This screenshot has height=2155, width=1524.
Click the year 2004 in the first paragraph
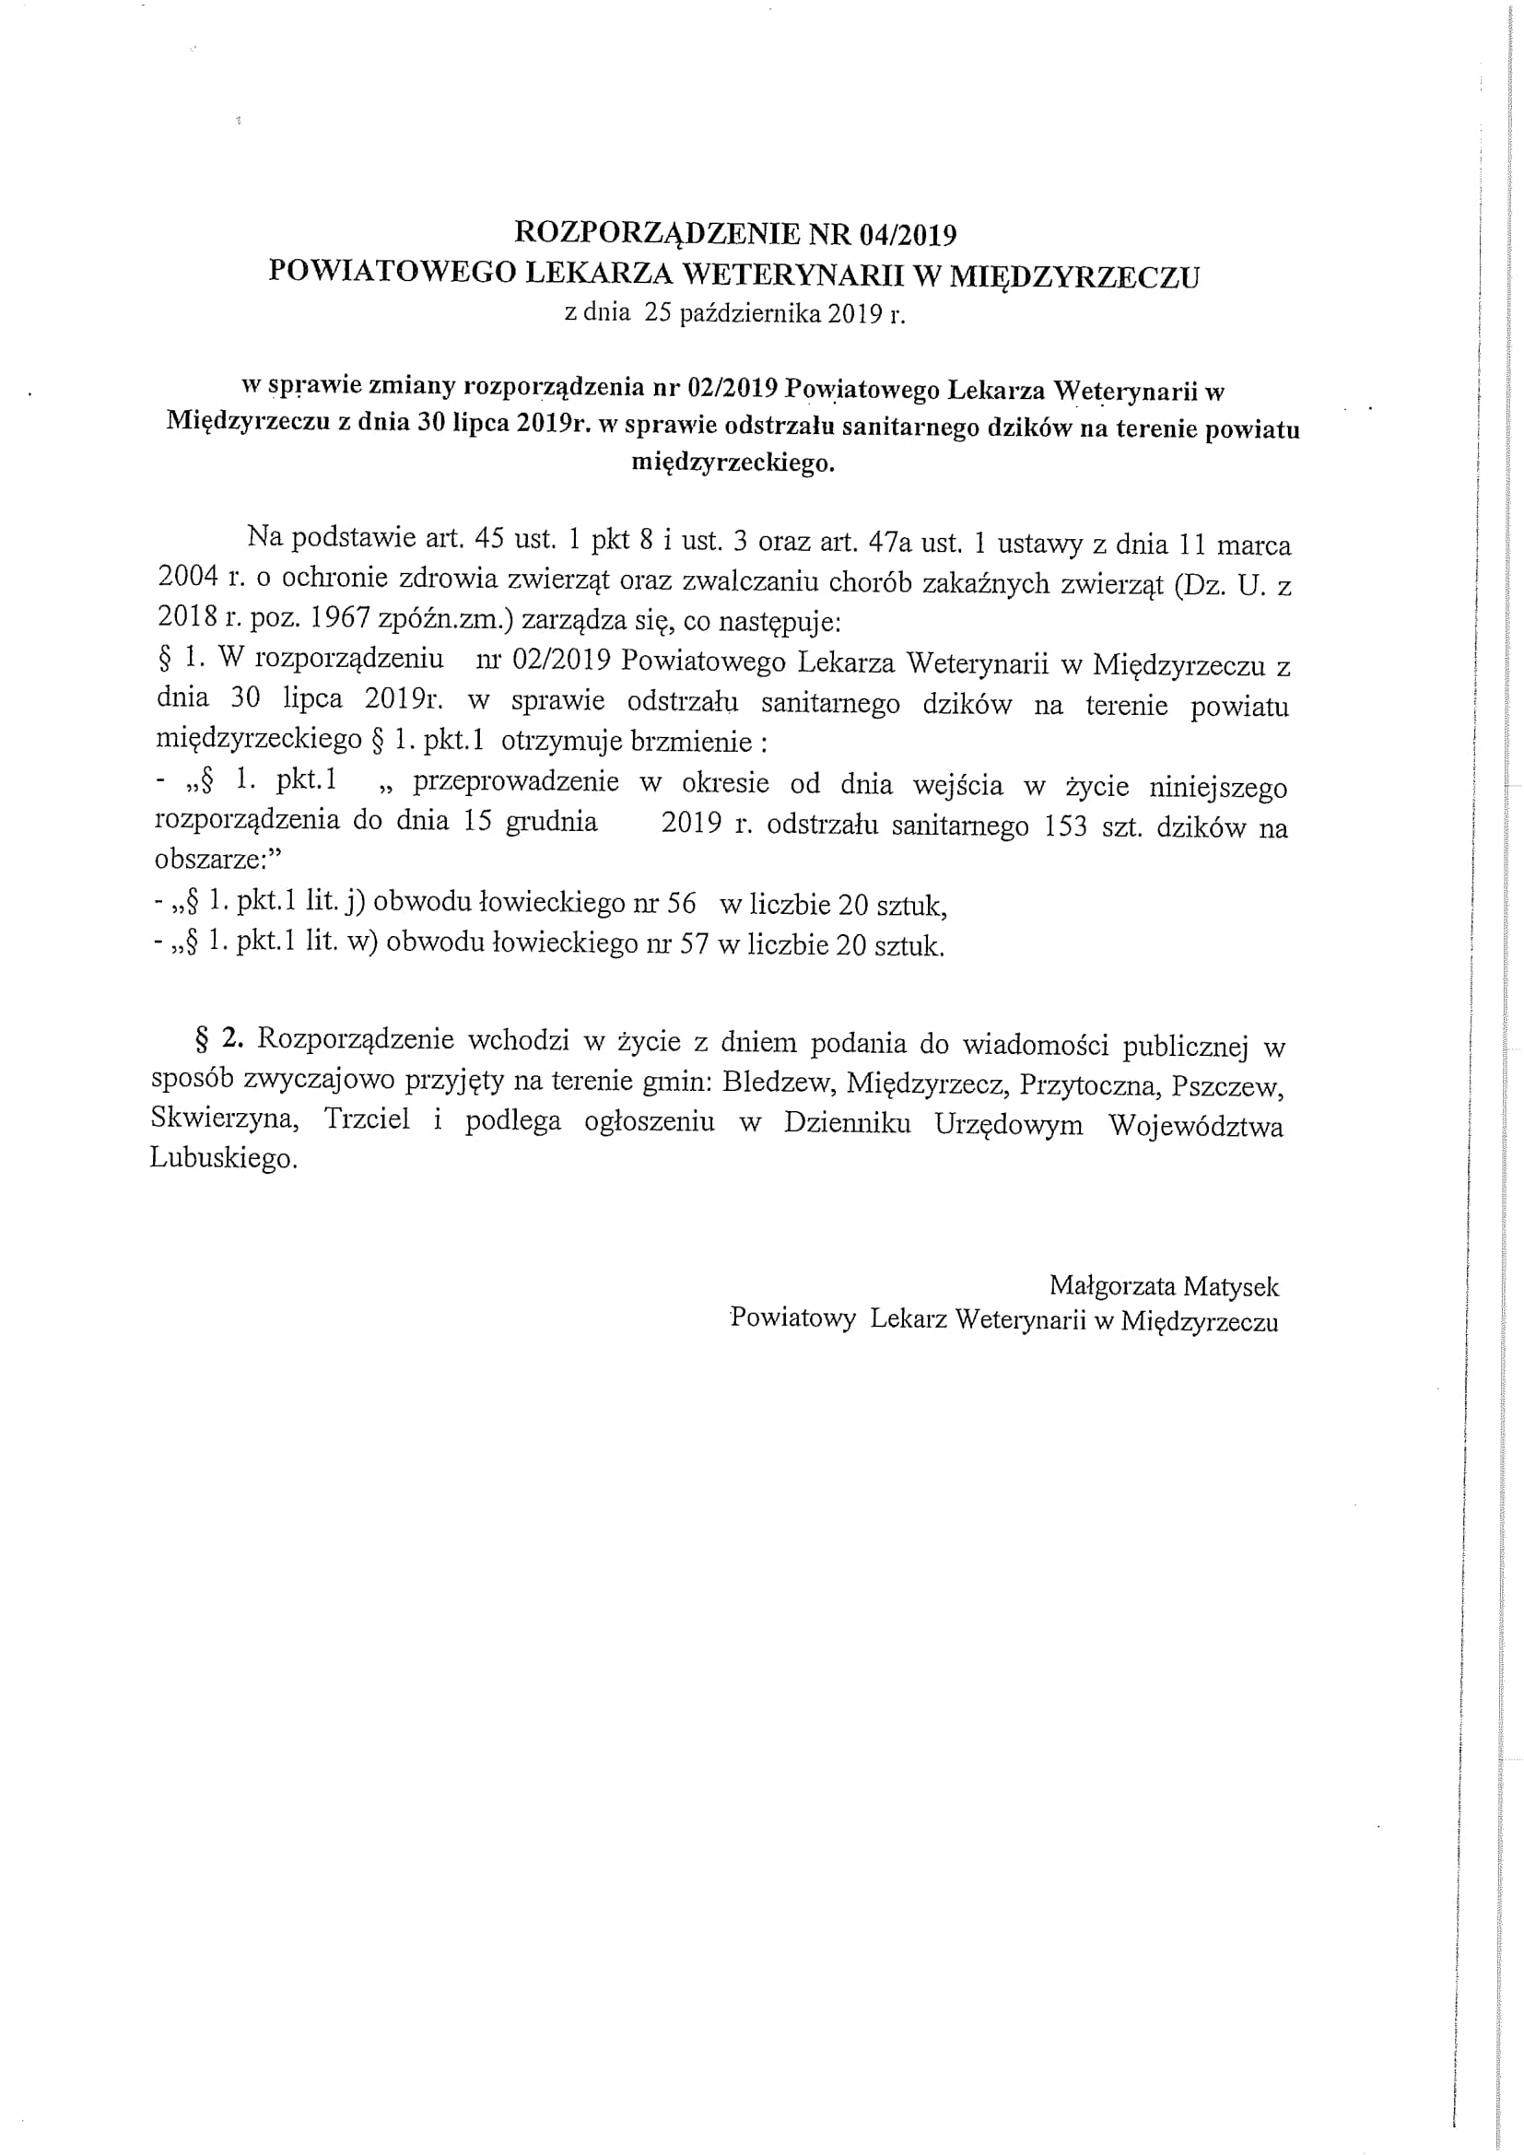click(188, 578)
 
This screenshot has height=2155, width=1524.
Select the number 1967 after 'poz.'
click(342, 618)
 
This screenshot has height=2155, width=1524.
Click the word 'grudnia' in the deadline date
click(552, 821)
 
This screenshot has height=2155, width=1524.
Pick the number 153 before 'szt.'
click(1065, 826)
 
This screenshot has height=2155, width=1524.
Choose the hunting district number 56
click(680, 903)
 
